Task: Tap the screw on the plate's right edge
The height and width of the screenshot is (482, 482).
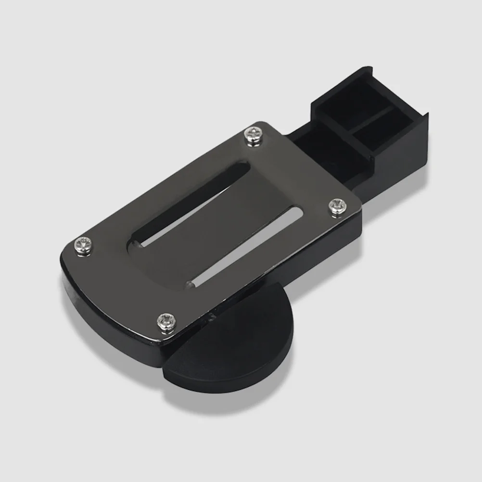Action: [337, 206]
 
